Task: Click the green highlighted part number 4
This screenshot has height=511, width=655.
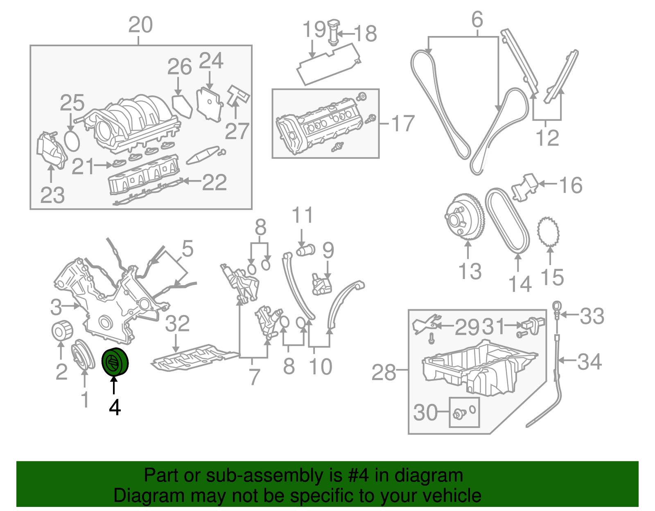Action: tap(115, 361)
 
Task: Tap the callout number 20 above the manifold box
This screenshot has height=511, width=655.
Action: tap(140, 25)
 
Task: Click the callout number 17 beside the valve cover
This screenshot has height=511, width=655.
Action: tap(403, 124)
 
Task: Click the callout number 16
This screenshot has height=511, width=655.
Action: tap(571, 185)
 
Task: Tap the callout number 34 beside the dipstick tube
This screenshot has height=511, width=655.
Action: tap(589, 361)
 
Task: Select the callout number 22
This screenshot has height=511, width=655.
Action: tap(215, 182)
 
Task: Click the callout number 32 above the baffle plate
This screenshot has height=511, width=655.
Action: tap(177, 324)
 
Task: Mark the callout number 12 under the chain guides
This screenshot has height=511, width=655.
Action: tap(547, 138)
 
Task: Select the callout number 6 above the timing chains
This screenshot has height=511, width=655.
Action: tap(477, 20)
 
